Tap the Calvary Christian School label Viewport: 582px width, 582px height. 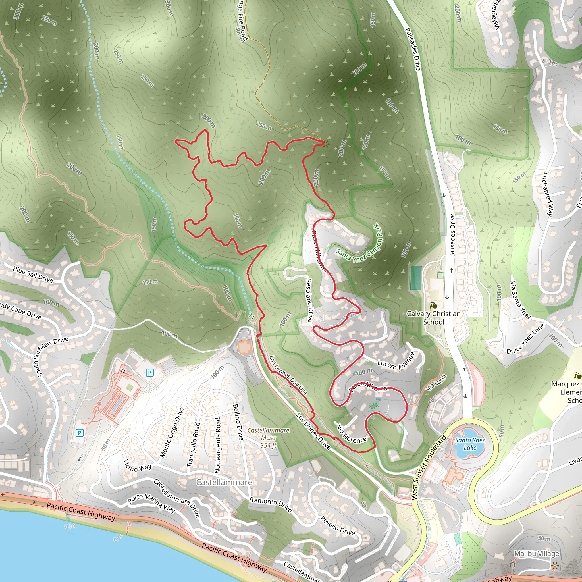[433, 317]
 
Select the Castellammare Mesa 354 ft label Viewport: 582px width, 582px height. [268, 438]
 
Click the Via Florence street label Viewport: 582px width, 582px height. [352, 435]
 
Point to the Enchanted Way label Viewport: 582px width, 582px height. [548, 194]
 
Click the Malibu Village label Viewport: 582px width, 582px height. [537, 553]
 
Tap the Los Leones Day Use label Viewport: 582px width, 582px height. [288, 375]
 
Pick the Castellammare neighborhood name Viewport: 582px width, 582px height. [224, 482]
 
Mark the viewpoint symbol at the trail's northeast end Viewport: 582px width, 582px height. [325, 144]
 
